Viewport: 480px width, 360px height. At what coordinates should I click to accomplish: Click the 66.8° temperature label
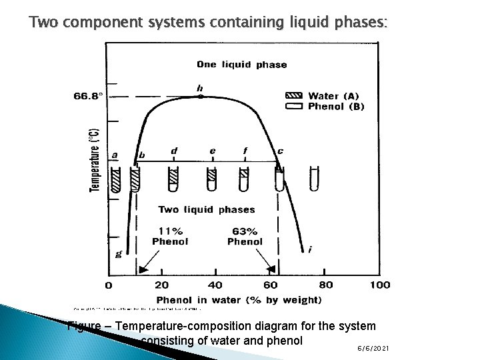click(88, 96)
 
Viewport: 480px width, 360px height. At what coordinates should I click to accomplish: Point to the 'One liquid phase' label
click(242, 65)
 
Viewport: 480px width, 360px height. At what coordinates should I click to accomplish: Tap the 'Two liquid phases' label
click(206, 209)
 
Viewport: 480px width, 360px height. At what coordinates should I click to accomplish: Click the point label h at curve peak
click(200, 87)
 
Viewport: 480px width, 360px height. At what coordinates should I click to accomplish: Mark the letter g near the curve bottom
click(119, 253)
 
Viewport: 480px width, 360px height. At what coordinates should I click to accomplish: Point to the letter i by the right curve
click(310, 249)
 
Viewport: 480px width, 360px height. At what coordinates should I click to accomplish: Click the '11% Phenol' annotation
click(170, 236)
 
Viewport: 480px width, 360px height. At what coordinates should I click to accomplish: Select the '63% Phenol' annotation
click(245, 236)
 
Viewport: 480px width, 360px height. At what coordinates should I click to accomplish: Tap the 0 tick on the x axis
click(109, 285)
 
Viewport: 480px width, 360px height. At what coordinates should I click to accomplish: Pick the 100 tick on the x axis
click(379, 285)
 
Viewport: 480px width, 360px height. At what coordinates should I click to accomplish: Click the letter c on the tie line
click(280, 151)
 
